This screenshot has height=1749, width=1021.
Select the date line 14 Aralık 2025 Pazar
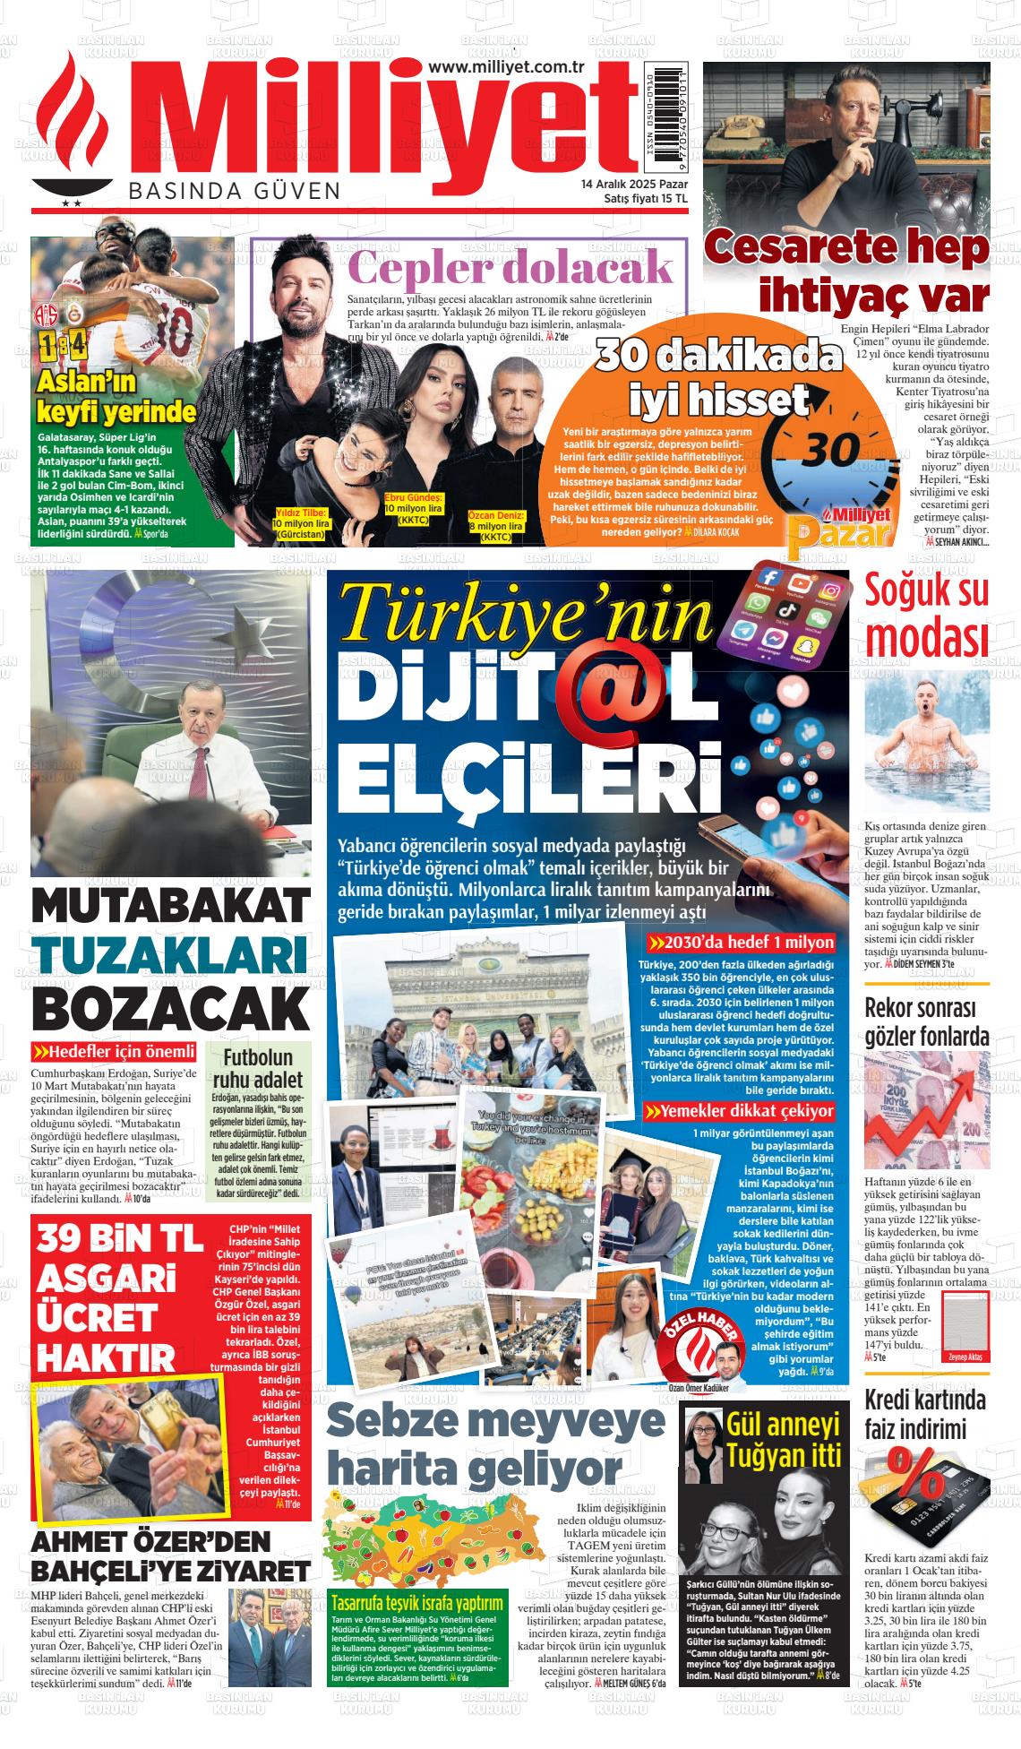pos(634,184)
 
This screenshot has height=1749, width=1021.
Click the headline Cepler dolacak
pos(510,267)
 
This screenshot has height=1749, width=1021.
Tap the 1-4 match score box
pos(61,346)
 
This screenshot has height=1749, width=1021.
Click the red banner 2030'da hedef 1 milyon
pos(741,943)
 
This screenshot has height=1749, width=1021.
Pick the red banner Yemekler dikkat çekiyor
pos(740,1112)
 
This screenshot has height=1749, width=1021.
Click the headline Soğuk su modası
pos(927,615)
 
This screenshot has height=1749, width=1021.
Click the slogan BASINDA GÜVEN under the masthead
pos(235,191)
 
